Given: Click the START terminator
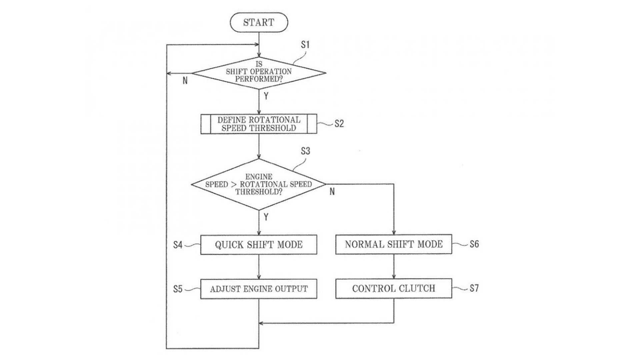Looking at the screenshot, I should coord(259,22).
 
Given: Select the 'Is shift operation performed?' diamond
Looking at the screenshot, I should coord(259,72).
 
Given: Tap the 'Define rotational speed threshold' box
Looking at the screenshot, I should coord(259,124).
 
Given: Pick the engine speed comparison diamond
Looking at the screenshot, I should coord(259,184).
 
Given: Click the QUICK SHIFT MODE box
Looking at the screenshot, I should coord(259,245).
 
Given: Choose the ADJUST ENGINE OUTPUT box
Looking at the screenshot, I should coord(259,289).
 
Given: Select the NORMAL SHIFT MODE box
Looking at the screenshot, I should coord(394,244).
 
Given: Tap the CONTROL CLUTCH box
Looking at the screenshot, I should coord(394,288).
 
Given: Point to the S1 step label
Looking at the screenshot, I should coord(305,45).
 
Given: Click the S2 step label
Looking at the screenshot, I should coord(339,124).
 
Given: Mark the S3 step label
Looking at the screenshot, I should coord(305,151).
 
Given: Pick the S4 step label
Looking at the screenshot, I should coord(178,245).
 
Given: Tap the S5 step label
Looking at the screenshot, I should coord(178,289).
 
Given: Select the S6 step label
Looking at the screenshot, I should coord(474,244).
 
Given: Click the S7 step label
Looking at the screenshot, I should coord(474,288).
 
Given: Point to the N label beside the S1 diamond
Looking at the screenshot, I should coord(185,80).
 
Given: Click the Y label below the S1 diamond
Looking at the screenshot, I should coord(266,96).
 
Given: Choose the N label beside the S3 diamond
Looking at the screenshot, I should coord(332,192).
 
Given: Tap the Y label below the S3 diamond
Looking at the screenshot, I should coord(266,217).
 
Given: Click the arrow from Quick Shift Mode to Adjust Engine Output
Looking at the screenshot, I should coord(259,267).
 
